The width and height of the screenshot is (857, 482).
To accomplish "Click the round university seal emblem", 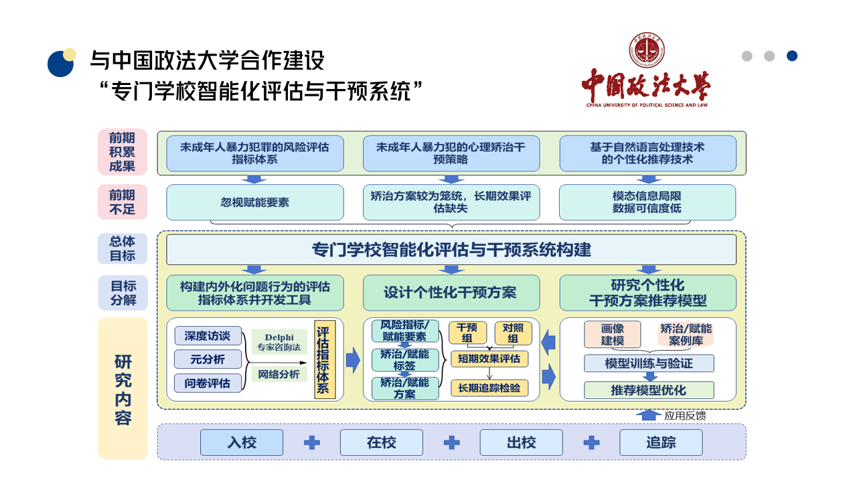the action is click(647, 50).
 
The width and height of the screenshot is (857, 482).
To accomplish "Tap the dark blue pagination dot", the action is click(792, 56).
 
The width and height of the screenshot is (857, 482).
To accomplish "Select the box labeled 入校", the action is click(242, 443).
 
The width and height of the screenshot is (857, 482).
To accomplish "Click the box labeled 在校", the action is click(382, 443).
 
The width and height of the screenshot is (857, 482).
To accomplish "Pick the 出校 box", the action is click(521, 443).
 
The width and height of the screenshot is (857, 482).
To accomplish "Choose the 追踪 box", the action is click(661, 443).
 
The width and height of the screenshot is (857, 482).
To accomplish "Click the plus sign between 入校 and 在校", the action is click(312, 443).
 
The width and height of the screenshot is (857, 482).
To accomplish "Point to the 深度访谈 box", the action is click(208, 336).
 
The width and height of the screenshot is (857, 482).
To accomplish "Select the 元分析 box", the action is click(208, 359).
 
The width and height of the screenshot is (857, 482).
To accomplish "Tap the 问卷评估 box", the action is click(208, 384).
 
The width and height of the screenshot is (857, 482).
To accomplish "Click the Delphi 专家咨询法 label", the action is click(279, 342).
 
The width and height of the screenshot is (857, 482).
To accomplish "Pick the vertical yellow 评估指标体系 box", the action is click(325, 359).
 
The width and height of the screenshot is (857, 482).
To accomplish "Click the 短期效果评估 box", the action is click(489, 359).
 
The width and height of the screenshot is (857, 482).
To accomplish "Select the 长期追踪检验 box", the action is click(489, 388).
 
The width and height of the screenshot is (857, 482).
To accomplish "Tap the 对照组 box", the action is click(513, 333).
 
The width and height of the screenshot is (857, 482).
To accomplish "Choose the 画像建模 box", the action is click(612, 334).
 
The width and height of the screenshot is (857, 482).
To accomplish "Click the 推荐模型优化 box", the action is click(649, 390).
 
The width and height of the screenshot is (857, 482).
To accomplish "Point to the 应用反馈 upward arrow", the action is click(649, 415).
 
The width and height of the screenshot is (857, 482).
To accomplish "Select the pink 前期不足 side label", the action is click(123, 202).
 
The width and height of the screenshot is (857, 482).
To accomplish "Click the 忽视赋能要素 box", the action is click(255, 202).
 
